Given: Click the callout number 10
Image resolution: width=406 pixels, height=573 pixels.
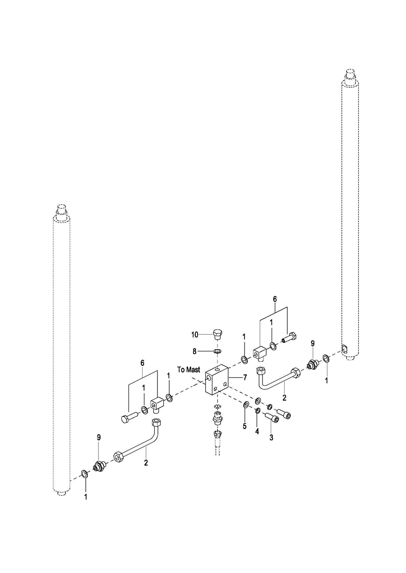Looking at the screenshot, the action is click(x=195, y=335).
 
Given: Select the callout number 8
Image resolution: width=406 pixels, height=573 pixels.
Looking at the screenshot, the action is click(x=195, y=352).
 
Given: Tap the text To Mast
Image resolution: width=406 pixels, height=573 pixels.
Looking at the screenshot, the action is click(x=189, y=370).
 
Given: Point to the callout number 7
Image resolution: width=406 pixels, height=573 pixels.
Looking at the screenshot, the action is click(x=245, y=377).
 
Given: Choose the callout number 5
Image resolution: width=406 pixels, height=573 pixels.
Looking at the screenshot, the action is click(x=245, y=426).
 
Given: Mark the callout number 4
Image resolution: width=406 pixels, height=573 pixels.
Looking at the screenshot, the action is click(x=257, y=432).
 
